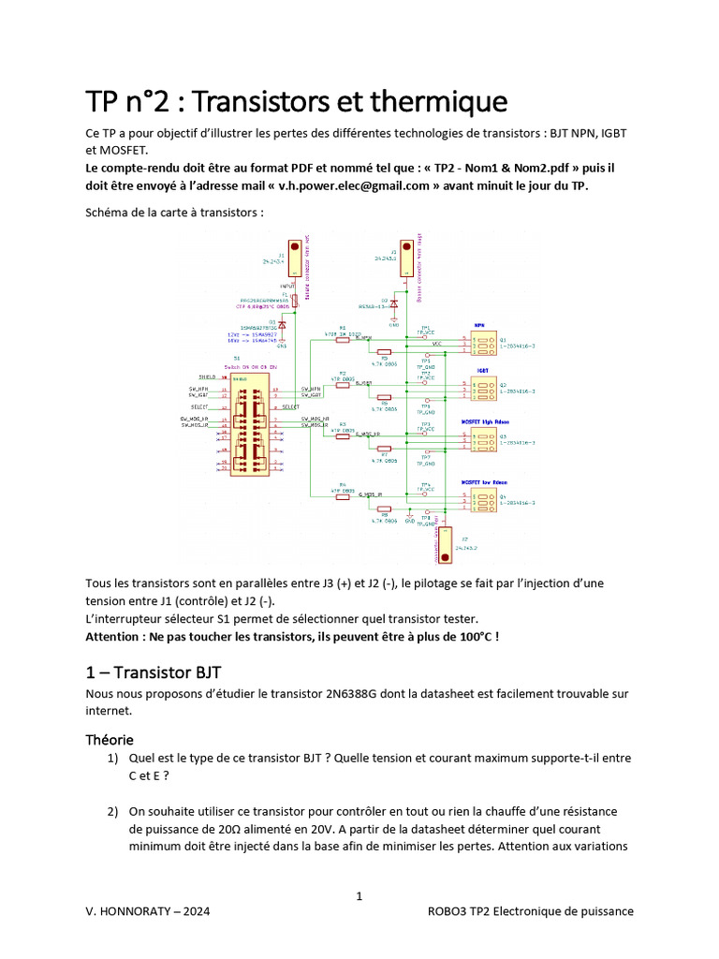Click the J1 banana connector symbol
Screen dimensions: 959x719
[294, 254]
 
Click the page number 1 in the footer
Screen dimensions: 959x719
[359, 897]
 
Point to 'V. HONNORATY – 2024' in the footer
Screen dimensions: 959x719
[147, 911]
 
